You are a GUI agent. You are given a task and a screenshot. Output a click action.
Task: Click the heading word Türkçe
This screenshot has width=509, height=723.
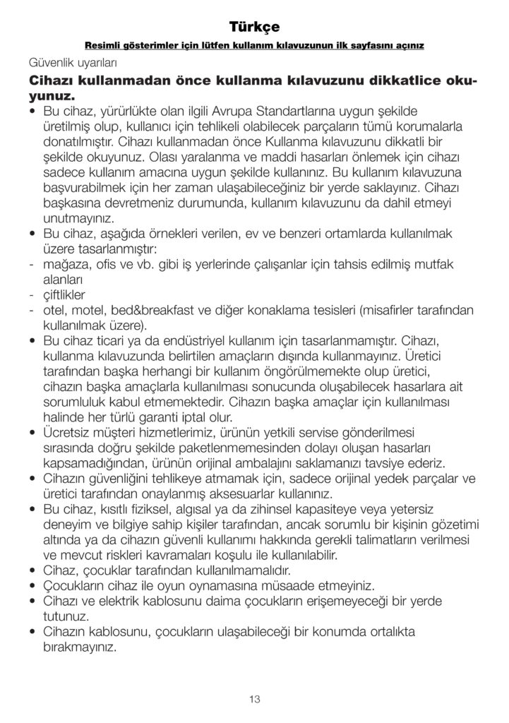pos(254,27)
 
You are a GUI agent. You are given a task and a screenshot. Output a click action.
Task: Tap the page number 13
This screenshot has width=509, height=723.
pos(254,699)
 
